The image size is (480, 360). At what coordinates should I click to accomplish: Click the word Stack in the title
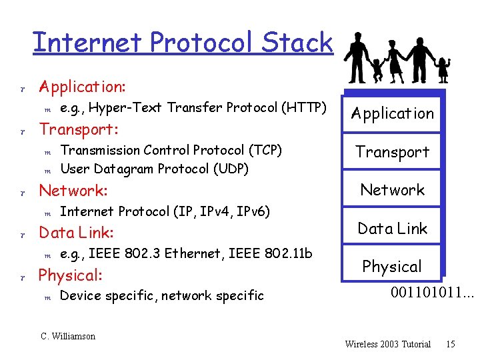click(297, 43)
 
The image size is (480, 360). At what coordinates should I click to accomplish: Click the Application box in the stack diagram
click(393, 113)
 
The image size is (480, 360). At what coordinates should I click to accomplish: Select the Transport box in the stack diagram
click(393, 152)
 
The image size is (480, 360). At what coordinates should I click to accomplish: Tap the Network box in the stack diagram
click(393, 190)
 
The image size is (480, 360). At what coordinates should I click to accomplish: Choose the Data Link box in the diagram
click(393, 229)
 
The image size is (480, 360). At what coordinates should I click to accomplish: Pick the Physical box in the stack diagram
click(392, 267)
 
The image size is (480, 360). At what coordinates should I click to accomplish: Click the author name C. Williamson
click(68, 337)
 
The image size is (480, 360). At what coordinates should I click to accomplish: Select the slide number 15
click(451, 344)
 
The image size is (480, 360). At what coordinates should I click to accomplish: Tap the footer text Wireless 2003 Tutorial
click(388, 344)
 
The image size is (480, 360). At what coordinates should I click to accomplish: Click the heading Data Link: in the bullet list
click(76, 233)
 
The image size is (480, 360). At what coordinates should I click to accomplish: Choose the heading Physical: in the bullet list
click(70, 275)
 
